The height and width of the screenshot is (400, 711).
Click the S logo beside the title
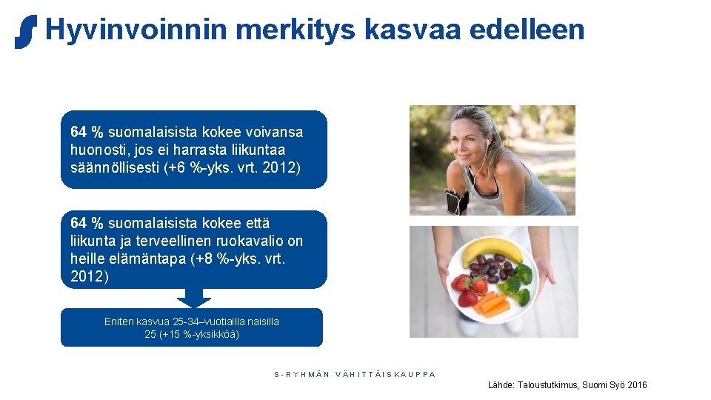tap(25, 31)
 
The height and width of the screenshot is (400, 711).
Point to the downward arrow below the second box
tap(194, 299)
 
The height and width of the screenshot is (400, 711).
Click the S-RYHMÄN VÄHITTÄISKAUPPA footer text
tap(355, 374)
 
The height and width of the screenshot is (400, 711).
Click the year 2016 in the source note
tap(636, 385)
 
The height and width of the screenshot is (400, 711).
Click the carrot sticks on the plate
tap(492, 304)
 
